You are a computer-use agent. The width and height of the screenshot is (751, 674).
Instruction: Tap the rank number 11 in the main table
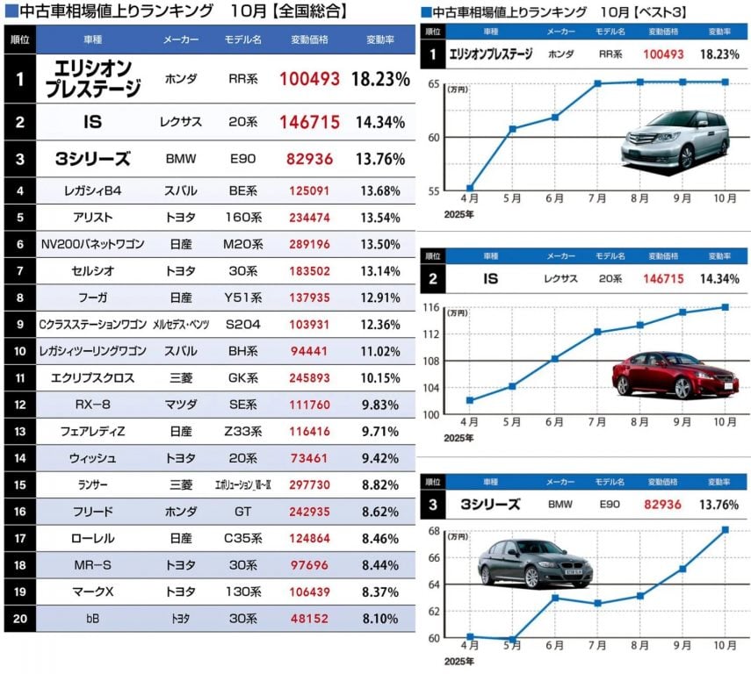tap(19, 379)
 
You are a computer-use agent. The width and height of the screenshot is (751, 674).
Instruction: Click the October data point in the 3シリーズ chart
tap(725, 529)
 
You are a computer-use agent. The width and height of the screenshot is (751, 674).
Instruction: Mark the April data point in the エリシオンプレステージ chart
tap(470, 188)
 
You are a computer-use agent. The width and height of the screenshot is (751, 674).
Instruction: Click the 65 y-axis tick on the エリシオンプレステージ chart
tap(435, 83)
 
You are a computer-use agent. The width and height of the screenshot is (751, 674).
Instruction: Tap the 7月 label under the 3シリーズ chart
tap(596, 647)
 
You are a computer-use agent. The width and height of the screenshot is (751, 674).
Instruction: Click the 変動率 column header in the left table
tap(379, 41)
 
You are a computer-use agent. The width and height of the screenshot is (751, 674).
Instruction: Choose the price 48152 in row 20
tap(309, 619)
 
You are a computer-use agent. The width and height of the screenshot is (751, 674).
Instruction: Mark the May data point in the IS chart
tap(512, 386)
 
